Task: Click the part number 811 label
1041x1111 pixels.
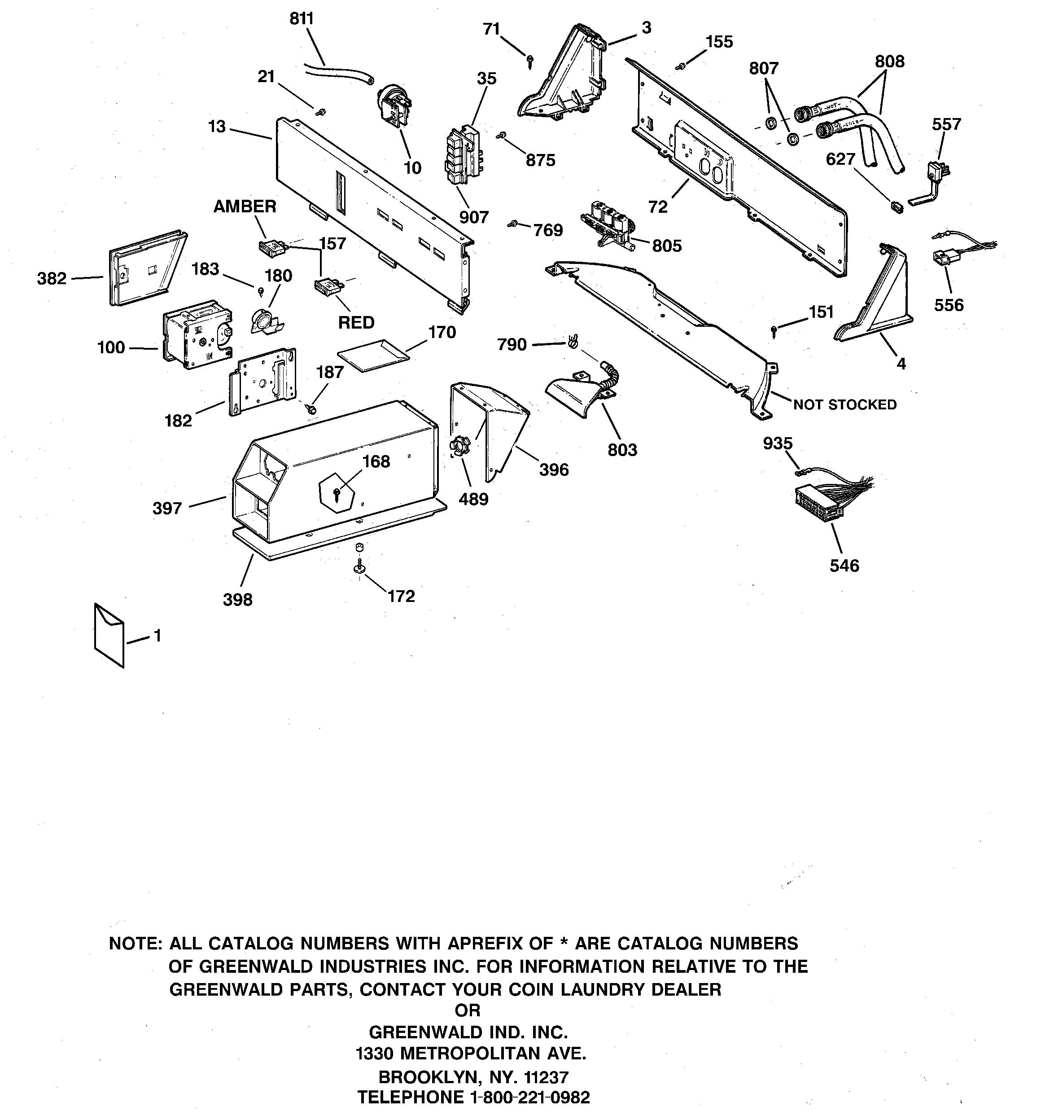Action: click(301, 19)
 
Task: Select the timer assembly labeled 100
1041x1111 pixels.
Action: click(196, 334)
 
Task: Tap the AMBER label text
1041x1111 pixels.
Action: click(245, 207)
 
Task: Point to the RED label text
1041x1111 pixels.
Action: click(356, 323)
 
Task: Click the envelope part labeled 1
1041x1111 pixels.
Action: click(109, 636)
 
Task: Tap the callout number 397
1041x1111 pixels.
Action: click(167, 509)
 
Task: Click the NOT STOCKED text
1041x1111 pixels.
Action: click(844, 404)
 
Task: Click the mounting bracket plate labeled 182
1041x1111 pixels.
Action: click(262, 381)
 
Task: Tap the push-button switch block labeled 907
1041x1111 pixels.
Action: click(464, 155)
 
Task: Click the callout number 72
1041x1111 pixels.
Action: click(658, 207)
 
